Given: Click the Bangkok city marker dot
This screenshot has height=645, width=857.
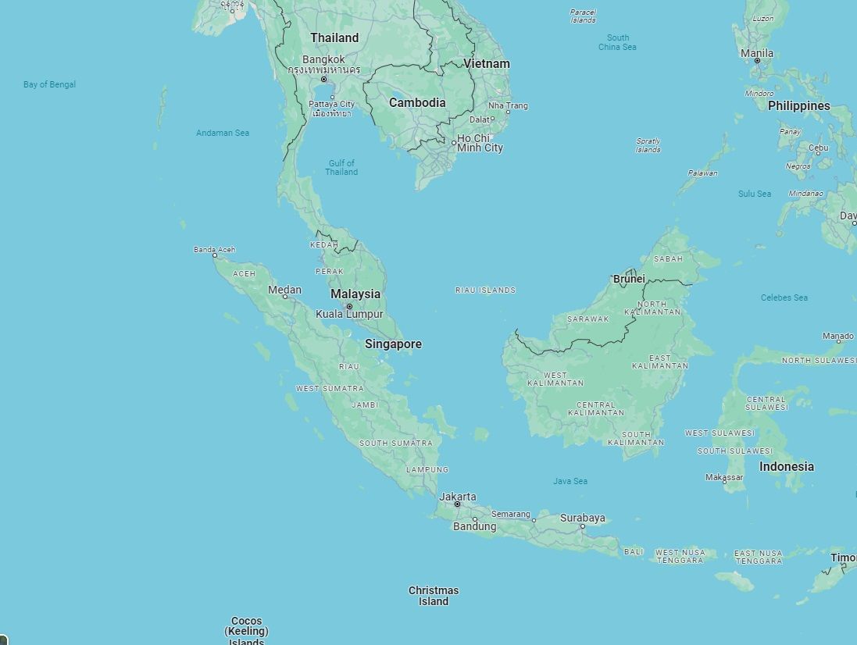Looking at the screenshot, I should click(x=324, y=80).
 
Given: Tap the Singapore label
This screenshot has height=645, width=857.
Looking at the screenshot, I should click(x=393, y=344).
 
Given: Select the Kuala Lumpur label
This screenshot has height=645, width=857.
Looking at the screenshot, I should click(x=349, y=315).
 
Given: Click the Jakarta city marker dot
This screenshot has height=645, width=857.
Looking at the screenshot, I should click(x=458, y=504).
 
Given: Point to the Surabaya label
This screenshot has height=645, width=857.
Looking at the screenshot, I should click(x=582, y=518).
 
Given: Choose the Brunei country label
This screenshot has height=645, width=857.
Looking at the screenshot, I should click(x=629, y=279).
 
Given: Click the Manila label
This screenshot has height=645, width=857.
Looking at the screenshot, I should click(x=757, y=53).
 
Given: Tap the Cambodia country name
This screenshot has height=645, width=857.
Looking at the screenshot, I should click(x=417, y=103).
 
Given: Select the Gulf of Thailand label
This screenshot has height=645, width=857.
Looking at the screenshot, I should click(x=341, y=168).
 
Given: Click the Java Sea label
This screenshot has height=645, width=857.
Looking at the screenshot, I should click(x=570, y=481).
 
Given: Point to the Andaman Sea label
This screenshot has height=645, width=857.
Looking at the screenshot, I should click(x=223, y=133).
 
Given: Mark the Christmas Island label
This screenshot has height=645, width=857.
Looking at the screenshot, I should click(x=434, y=596).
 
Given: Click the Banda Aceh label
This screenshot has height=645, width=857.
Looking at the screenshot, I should click(x=214, y=250).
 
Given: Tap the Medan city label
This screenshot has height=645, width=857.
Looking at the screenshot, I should click(x=284, y=290).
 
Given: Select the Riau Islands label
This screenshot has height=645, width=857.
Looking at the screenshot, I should click(x=485, y=290).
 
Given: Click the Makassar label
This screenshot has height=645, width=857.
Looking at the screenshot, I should click(x=724, y=477).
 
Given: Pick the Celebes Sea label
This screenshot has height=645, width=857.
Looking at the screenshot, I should click(x=784, y=298).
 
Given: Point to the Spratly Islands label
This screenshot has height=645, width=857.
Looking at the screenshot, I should click(x=648, y=145).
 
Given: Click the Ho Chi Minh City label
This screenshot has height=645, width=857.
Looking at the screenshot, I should click(x=480, y=143).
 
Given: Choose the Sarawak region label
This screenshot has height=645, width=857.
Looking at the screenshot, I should click(x=587, y=319).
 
